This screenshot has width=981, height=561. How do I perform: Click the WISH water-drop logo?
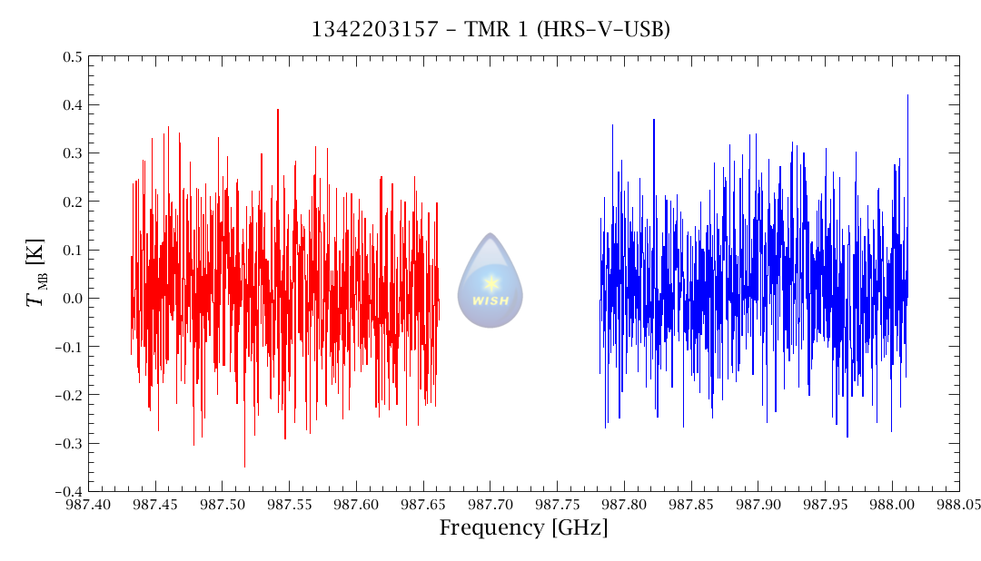click(490, 280)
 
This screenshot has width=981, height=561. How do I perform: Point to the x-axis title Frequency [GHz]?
click(523, 528)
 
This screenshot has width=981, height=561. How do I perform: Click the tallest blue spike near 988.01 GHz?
click(907, 95)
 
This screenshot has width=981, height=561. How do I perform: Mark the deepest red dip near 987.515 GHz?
click(244, 466)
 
